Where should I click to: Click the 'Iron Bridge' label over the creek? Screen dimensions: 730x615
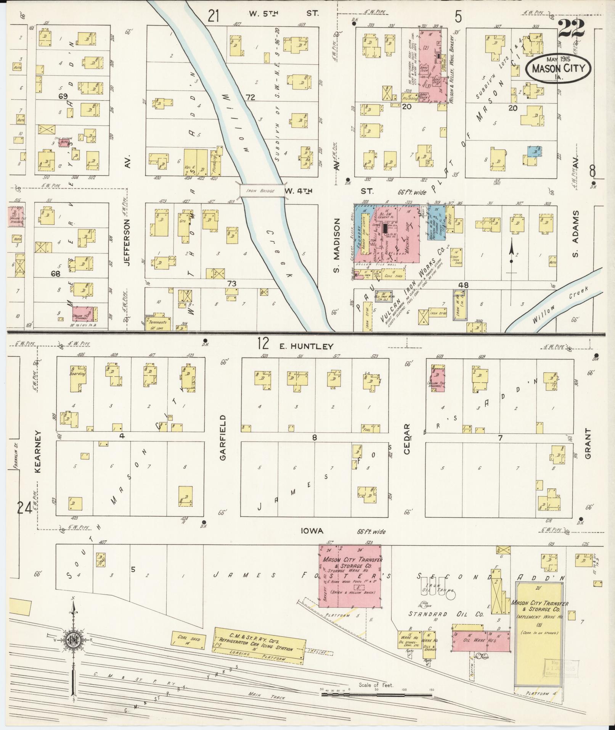point(262,191)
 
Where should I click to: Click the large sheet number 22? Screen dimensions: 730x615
point(571,29)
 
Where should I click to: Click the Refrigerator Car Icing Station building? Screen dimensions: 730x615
point(259,645)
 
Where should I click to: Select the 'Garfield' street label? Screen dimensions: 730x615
point(223,437)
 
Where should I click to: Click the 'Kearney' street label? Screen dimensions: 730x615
point(38,451)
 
